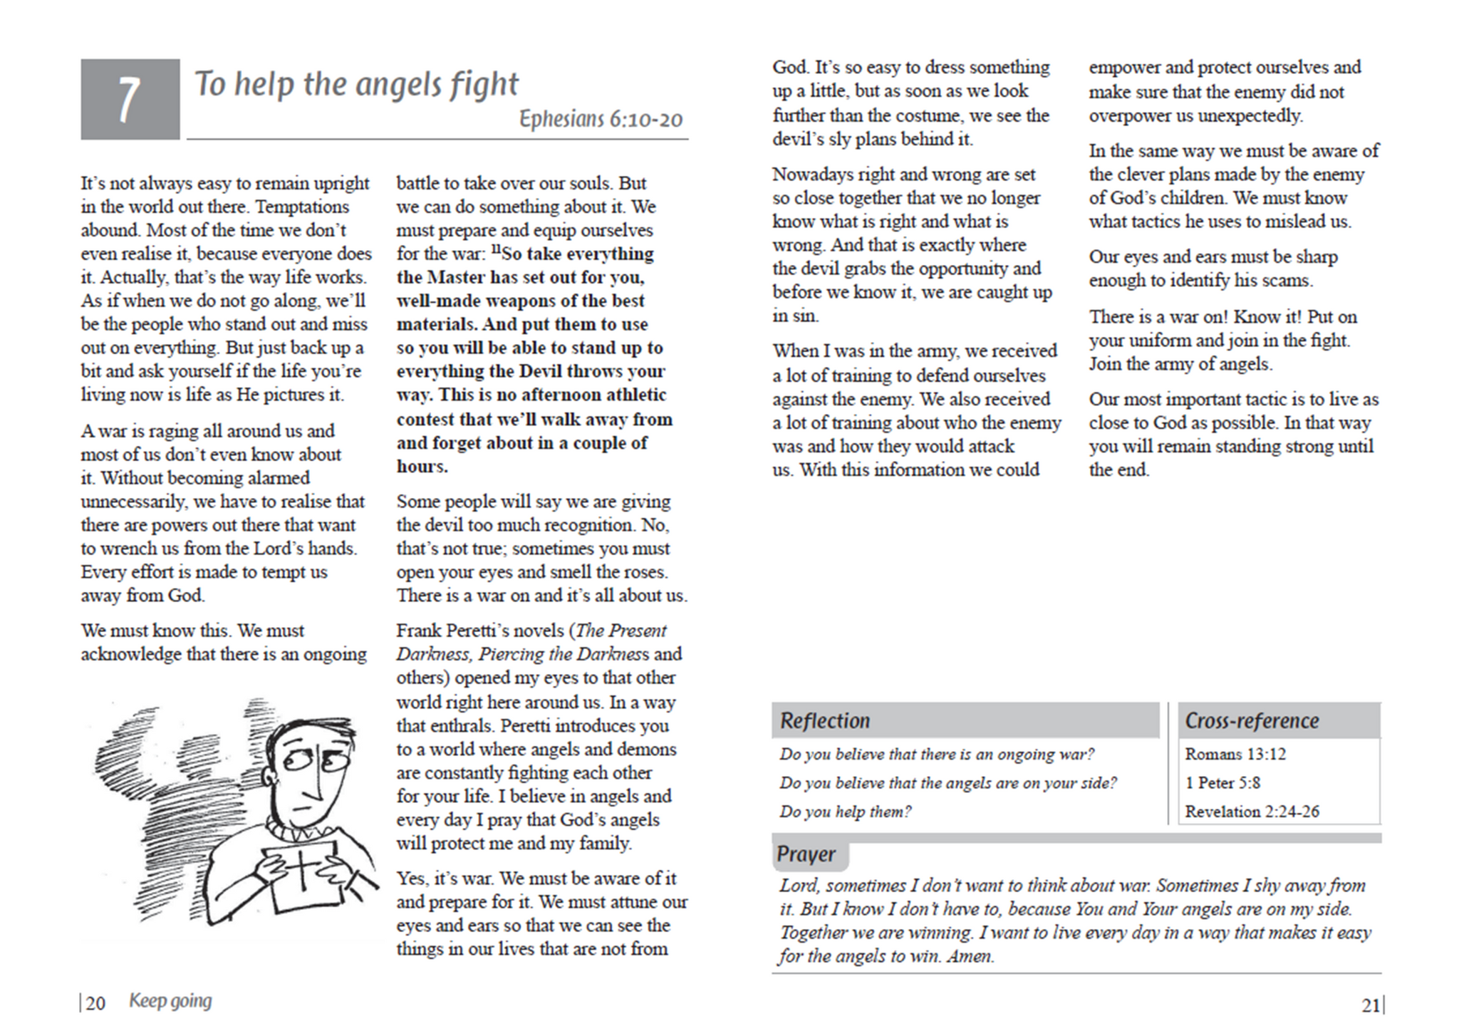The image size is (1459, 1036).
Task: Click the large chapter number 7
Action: (x=129, y=99)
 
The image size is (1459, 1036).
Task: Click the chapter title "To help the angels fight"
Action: (x=356, y=84)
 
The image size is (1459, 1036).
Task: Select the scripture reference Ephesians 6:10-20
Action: (x=601, y=118)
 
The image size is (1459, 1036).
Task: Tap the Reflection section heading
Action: (x=825, y=720)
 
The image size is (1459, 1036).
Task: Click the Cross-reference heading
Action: (x=1252, y=720)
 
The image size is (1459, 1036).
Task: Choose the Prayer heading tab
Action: (x=806, y=854)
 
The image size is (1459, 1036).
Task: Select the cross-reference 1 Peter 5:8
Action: (x=1222, y=782)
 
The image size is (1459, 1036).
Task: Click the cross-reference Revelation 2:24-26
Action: (x=1252, y=812)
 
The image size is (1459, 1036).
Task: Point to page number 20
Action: (x=95, y=1003)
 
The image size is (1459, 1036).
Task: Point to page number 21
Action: (x=1371, y=1005)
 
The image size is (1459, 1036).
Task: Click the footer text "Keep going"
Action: (x=170, y=1001)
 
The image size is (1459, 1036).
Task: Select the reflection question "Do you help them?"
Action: (x=845, y=812)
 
